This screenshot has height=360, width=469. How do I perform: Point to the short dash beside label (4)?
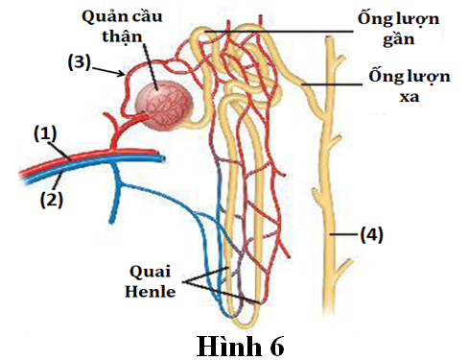click(x=344, y=233)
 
